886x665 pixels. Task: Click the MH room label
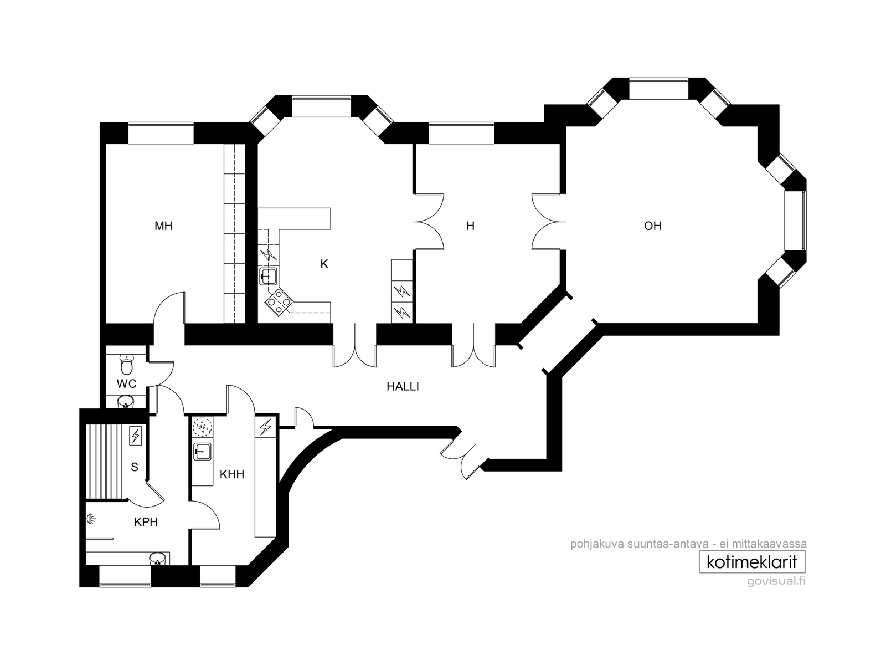click(x=163, y=226)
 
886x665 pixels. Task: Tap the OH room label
click(x=653, y=226)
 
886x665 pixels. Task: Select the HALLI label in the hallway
click(x=403, y=387)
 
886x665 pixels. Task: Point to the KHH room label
click(x=232, y=474)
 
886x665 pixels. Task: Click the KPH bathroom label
click(x=146, y=522)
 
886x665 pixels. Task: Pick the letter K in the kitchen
click(x=324, y=264)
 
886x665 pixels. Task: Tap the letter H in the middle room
click(x=470, y=226)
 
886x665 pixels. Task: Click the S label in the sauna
click(x=135, y=467)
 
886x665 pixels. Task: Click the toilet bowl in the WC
click(x=127, y=365)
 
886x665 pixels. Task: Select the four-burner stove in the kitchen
click(x=279, y=301)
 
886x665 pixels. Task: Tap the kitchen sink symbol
click(x=268, y=277)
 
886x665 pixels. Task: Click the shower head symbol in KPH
click(x=91, y=519)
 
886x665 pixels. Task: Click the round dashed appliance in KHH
click(x=202, y=427)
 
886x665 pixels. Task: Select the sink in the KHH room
click(x=202, y=452)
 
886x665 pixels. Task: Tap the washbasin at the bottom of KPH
click(x=157, y=560)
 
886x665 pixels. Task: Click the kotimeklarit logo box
click(x=753, y=562)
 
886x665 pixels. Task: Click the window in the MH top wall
click(x=161, y=133)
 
